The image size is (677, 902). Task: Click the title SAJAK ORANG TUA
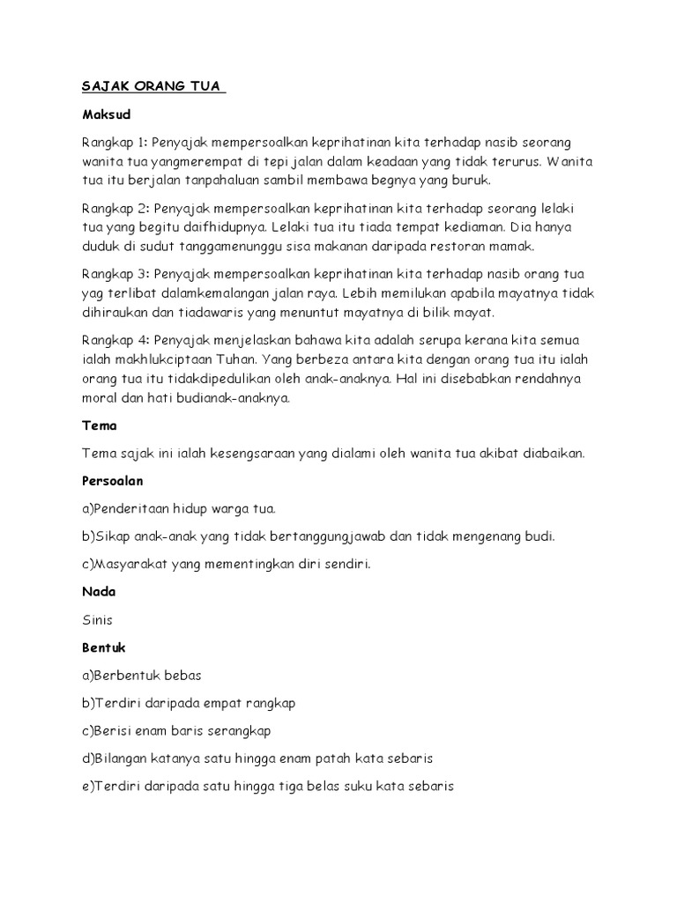pyautogui.click(x=153, y=87)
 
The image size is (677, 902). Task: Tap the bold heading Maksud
pyautogui.click(x=105, y=115)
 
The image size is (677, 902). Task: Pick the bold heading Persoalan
pyautogui.click(x=113, y=481)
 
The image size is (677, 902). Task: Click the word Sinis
pyautogui.click(x=98, y=620)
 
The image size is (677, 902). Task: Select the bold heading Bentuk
pyautogui.click(x=104, y=647)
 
